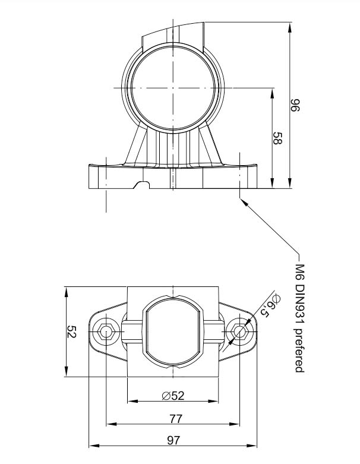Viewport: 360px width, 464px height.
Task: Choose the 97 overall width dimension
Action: coord(173,440)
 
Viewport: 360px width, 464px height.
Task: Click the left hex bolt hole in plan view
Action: coord(107,332)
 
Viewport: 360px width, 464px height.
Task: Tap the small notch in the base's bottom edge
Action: coord(143,186)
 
